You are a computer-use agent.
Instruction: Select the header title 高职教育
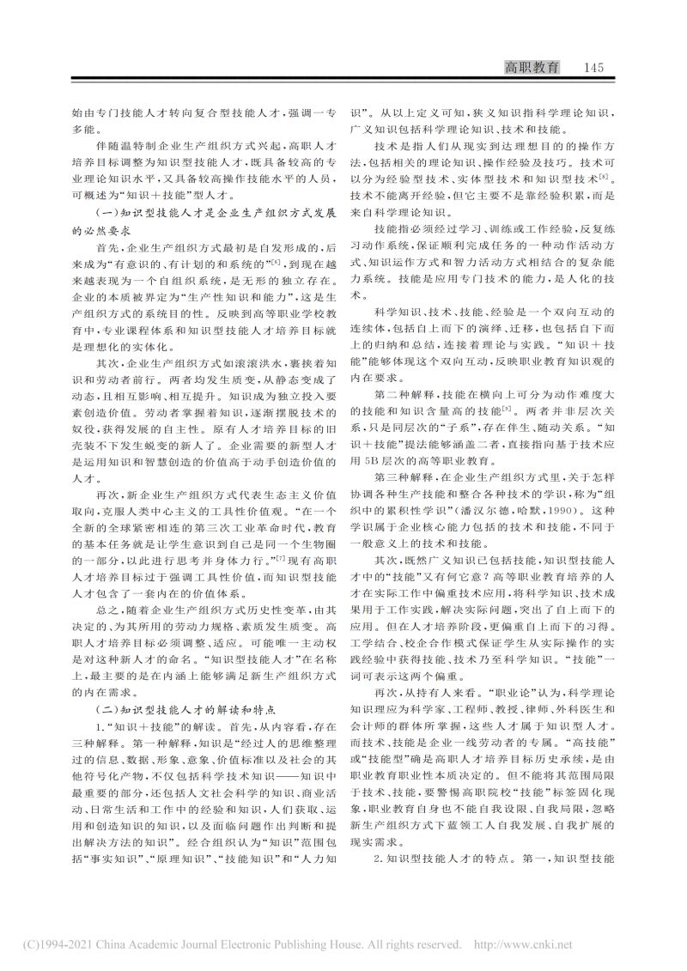[x=532, y=68]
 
